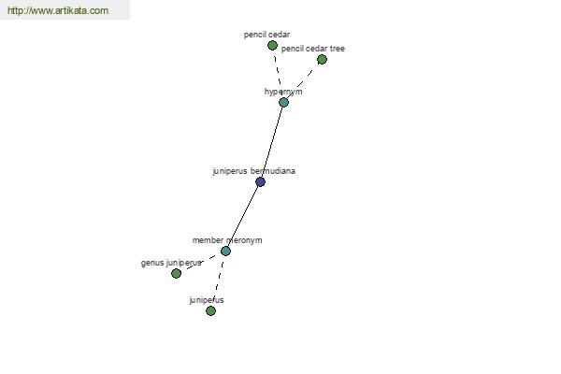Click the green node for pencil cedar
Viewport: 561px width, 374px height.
click(272, 46)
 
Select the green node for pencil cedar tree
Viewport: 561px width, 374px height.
click(322, 60)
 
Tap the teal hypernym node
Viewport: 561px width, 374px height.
click(283, 102)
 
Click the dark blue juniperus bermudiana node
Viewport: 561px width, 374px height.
click(261, 181)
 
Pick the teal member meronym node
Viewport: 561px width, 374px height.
click(225, 251)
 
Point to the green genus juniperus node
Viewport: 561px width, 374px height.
click(176, 273)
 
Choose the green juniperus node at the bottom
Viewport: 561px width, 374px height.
click(210, 310)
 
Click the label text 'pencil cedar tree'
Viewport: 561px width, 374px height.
click(313, 49)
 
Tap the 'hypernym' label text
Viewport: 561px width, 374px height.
click(283, 92)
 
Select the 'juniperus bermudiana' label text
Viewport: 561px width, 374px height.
click(254, 171)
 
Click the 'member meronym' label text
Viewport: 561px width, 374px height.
click(227, 240)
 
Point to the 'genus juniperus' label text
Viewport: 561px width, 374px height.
click(171, 263)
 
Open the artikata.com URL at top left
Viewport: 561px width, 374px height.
click(58, 10)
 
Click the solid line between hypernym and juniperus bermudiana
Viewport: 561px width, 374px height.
click(272, 142)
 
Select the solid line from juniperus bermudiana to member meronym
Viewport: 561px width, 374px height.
click(243, 216)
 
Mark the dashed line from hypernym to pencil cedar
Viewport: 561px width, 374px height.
click(278, 73)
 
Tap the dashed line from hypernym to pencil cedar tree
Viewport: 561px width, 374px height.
click(303, 81)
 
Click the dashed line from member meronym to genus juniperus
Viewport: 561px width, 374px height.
click(201, 262)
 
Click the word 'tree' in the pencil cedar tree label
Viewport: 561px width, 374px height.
click(338, 49)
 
